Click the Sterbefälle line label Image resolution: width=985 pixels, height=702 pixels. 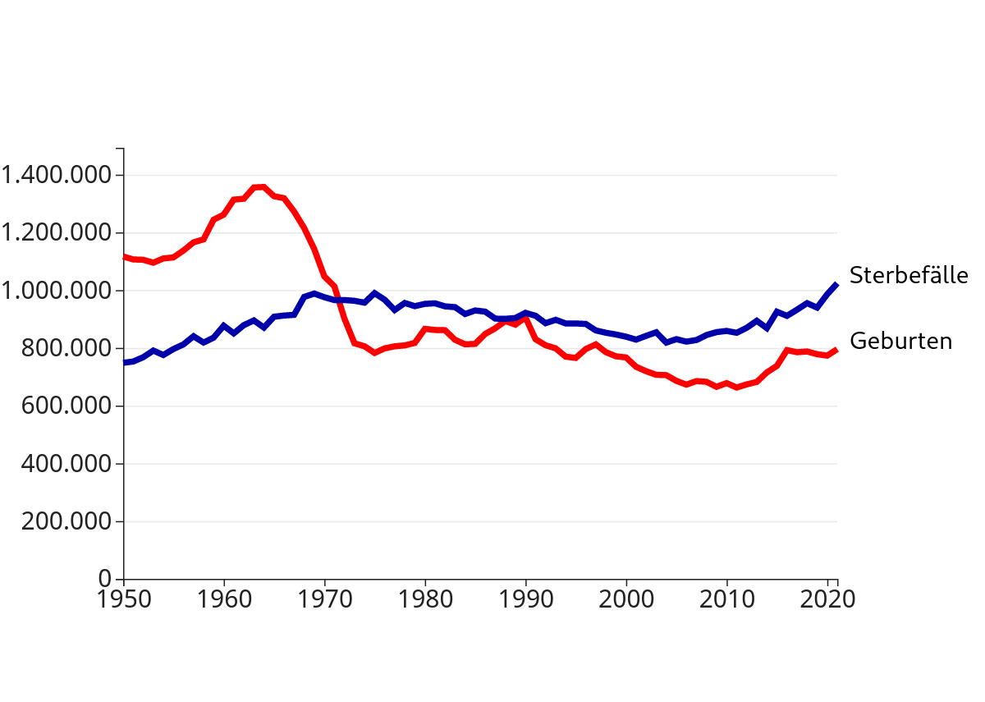(909, 275)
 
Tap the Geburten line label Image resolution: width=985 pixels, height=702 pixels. (900, 341)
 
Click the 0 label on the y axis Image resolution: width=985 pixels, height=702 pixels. (105, 579)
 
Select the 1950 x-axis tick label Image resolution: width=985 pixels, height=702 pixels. (123, 599)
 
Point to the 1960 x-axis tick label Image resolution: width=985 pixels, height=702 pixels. (224, 599)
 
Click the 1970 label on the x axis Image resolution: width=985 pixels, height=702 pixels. (324, 599)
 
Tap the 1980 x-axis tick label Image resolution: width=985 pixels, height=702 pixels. (425, 599)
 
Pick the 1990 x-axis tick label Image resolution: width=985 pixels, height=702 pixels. (525, 599)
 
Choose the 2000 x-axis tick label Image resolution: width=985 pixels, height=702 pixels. (626, 599)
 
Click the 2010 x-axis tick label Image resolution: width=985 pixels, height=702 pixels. (726, 599)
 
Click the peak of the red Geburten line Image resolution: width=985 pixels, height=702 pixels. (263, 186)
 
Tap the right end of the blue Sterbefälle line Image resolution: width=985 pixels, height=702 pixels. (836, 284)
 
